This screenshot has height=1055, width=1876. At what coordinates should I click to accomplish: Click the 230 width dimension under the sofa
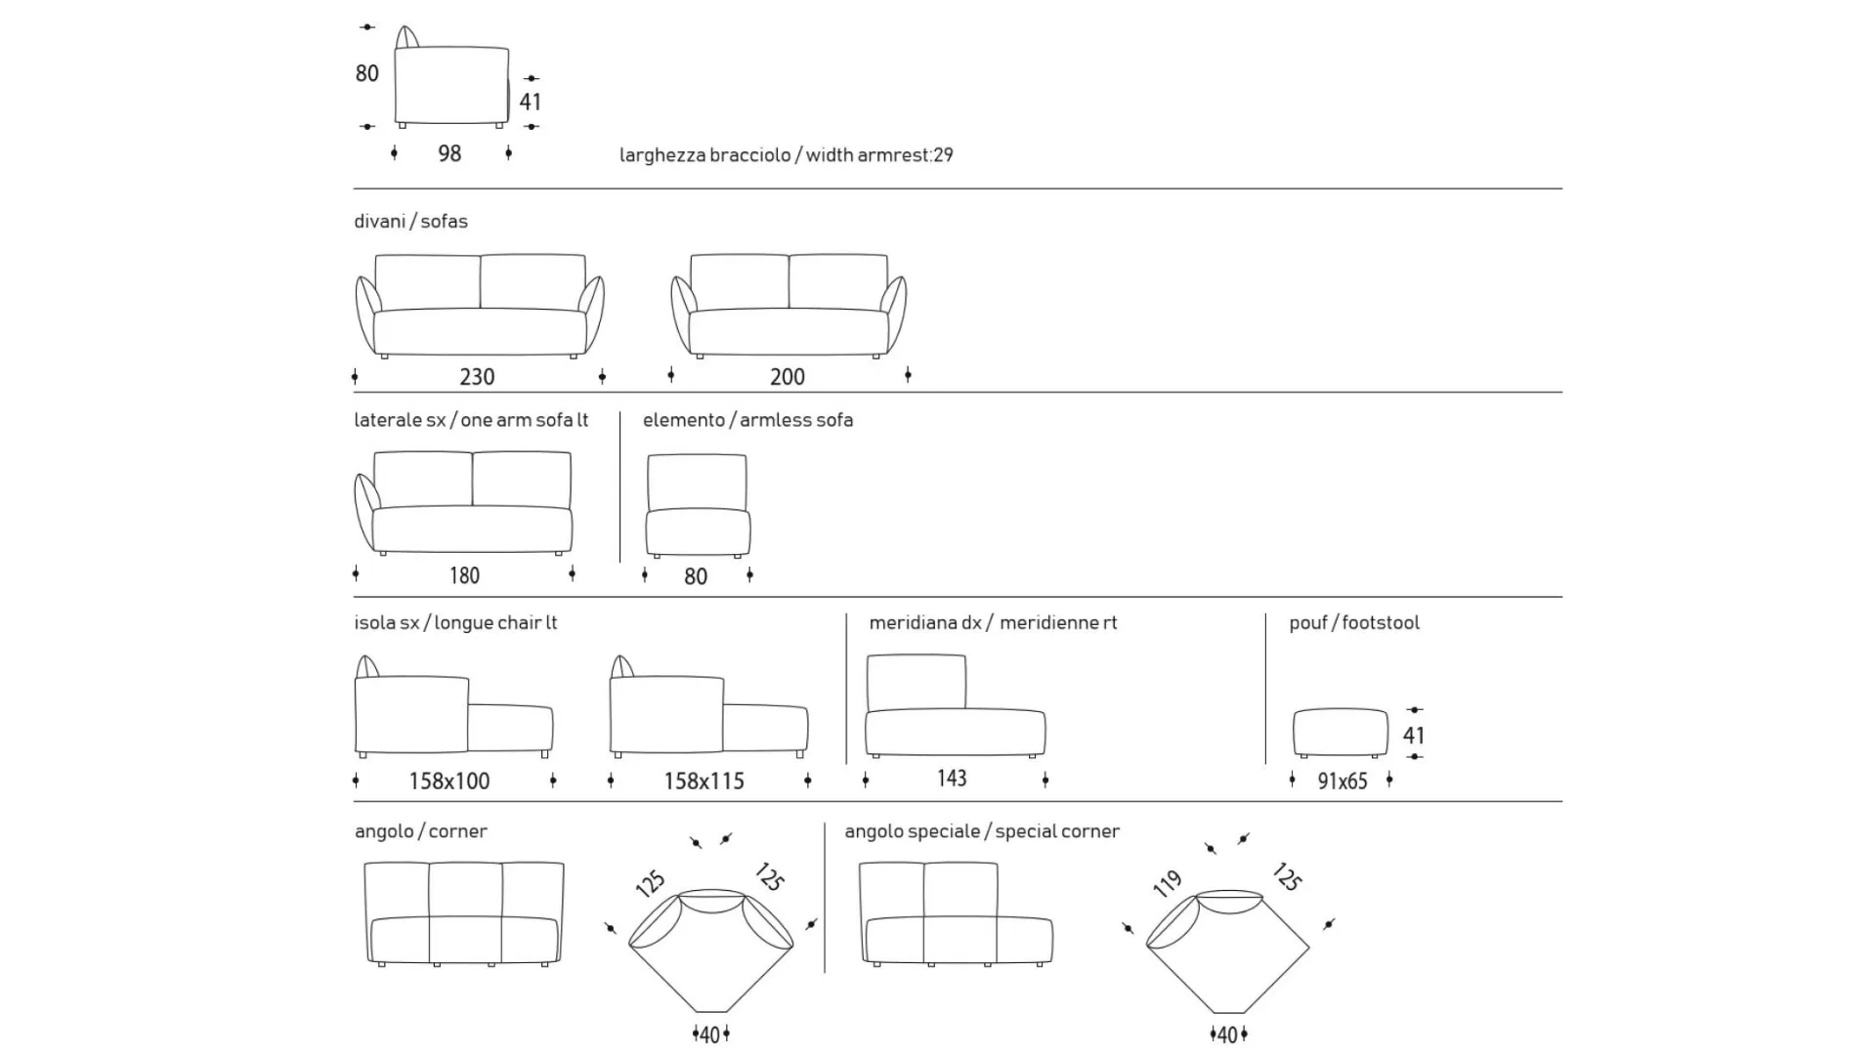(477, 377)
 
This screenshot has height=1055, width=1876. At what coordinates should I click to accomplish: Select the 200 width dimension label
(788, 377)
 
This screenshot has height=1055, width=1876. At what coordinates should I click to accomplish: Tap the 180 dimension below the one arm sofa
(464, 575)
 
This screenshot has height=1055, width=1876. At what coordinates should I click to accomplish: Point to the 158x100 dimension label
(449, 781)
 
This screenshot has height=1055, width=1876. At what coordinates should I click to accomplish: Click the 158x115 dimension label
(703, 781)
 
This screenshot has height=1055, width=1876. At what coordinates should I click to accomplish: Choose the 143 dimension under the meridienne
(952, 778)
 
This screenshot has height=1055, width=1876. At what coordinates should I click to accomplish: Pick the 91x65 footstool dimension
(1343, 781)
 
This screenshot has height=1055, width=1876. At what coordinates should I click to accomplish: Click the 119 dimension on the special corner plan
(1168, 883)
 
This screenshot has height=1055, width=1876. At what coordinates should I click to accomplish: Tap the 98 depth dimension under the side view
(449, 153)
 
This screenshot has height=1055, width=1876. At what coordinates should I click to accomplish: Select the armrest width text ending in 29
(787, 155)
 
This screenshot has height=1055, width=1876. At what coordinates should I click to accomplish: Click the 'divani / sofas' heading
(411, 222)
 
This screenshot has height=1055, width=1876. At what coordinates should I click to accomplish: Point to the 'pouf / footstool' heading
(1354, 623)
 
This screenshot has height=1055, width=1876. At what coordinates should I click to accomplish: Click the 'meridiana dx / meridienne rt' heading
(994, 623)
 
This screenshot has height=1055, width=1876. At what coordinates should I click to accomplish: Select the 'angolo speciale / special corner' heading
(982, 831)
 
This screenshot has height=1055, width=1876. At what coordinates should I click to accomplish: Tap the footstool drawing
(1340, 733)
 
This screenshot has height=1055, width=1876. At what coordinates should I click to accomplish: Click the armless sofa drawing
(698, 506)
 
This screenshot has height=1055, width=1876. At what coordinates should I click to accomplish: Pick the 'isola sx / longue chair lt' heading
(455, 623)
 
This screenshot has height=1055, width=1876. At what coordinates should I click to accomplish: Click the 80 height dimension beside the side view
(366, 73)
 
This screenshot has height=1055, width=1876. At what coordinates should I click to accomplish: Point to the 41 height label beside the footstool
(1414, 735)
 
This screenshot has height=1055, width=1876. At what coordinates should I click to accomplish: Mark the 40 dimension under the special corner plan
(1228, 1034)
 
